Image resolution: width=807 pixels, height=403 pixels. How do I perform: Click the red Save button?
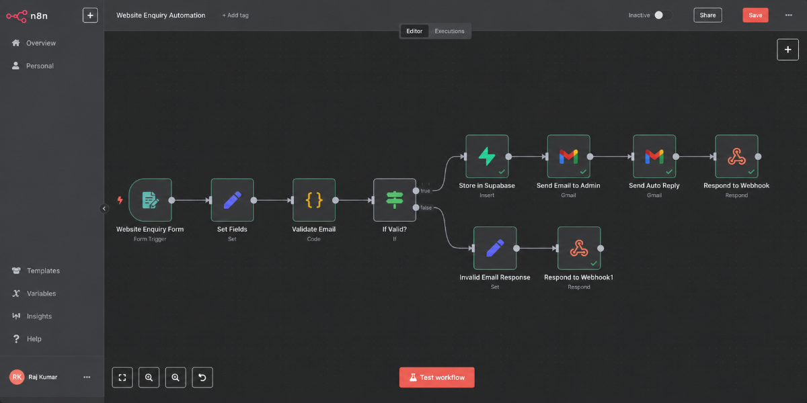(x=755, y=15)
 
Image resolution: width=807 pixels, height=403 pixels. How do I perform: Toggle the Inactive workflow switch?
(x=663, y=15)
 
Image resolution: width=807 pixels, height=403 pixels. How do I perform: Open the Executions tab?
(x=449, y=31)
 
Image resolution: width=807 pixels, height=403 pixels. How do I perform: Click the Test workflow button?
(x=436, y=377)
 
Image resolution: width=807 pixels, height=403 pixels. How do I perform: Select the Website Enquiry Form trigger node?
(x=150, y=200)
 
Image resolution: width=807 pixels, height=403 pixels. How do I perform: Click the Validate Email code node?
(x=314, y=200)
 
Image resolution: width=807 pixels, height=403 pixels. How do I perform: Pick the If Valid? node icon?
(x=395, y=200)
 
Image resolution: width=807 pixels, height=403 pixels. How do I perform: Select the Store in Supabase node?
(x=487, y=156)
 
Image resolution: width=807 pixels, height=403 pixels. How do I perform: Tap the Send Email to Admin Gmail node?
(x=568, y=156)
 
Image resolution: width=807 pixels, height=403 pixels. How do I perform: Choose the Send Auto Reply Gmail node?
(x=654, y=156)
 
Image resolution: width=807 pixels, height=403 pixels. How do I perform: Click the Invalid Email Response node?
(x=495, y=248)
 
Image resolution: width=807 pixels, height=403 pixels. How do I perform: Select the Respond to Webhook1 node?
(x=579, y=248)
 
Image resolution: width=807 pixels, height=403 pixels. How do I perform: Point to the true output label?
(x=425, y=191)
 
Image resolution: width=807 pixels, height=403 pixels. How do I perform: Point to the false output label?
(x=426, y=208)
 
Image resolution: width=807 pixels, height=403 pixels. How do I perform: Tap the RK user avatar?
(x=17, y=377)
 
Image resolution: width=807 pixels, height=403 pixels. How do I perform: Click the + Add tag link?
(x=235, y=15)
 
